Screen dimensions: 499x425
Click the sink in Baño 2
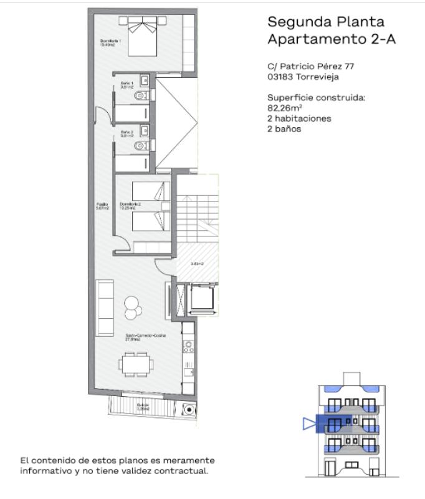tap(145, 130)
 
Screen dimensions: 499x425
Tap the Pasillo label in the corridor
tap(102, 206)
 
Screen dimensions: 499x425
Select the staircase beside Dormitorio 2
tap(198, 212)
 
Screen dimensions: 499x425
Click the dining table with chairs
tap(135, 362)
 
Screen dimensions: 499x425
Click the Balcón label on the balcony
tap(143, 407)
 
